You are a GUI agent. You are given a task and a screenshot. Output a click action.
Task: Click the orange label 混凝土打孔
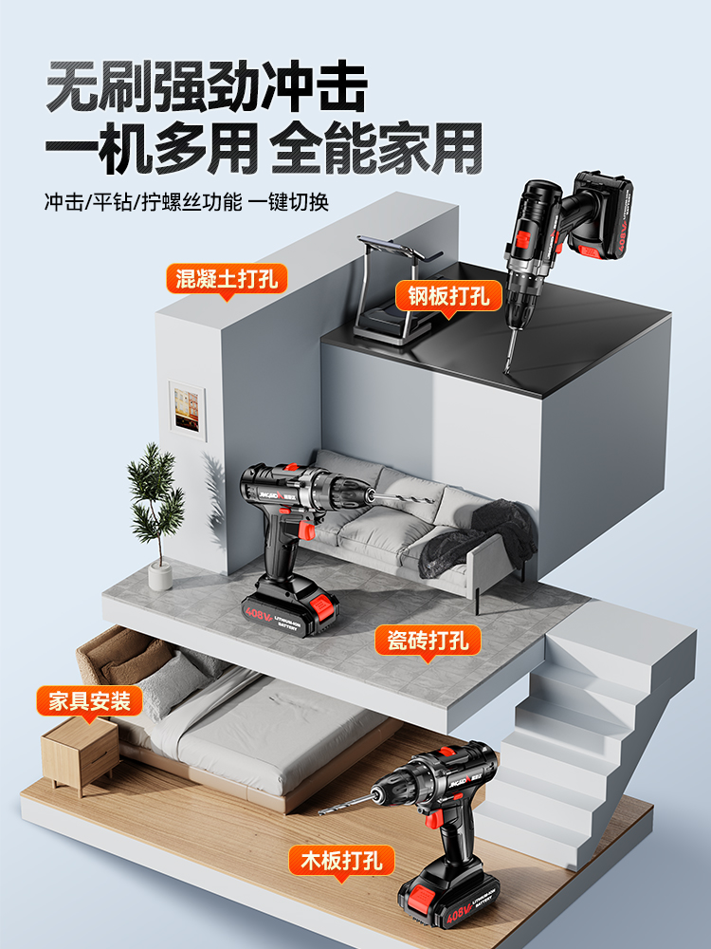[x=227, y=279]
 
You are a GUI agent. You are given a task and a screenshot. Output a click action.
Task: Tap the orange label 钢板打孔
[x=448, y=295]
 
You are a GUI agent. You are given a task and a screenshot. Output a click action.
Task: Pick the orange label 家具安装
[x=89, y=702]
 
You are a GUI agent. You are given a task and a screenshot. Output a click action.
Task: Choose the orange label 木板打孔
[x=341, y=862]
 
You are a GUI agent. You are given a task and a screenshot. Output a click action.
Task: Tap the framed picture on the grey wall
[x=186, y=411]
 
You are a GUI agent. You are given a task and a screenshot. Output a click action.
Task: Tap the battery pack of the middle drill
[x=288, y=605]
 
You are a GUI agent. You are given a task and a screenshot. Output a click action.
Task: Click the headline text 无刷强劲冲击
[x=206, y=87]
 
